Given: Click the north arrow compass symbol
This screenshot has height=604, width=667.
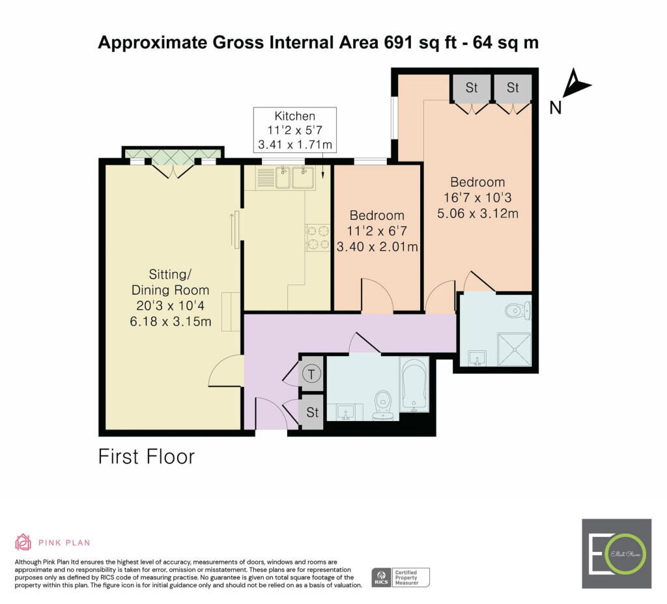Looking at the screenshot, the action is click(576, 83).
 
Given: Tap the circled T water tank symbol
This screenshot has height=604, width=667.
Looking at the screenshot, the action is click(311, 374).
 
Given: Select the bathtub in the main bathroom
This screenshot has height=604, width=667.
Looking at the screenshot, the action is click(414, 385).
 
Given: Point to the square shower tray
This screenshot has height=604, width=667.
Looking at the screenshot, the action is click(515, 350).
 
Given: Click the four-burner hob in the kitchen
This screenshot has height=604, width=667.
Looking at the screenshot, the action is click(318, 237).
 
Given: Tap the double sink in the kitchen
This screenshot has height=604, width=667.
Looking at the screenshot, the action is click(295, 177).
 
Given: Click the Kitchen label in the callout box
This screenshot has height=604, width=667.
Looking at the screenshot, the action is click(295, 116).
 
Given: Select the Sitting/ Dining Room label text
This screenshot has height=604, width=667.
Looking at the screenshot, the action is click(170, 282).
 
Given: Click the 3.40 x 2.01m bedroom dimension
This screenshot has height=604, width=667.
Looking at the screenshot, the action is click(377, 247).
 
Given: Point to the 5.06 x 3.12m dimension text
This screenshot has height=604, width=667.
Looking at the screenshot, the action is click(477, 213).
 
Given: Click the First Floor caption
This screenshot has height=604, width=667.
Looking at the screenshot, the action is click(147, 457).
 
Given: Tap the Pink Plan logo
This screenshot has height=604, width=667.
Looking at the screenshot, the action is click(53, 542).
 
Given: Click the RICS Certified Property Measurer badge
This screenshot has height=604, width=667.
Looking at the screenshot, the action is click(401, 578).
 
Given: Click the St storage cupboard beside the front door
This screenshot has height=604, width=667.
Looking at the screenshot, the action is click(312, 412).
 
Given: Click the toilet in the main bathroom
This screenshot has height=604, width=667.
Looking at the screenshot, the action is click(383, 405).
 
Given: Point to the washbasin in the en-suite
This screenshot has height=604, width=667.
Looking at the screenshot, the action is click(477, 358).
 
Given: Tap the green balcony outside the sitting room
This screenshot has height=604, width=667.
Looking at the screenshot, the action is click(173, 155).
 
